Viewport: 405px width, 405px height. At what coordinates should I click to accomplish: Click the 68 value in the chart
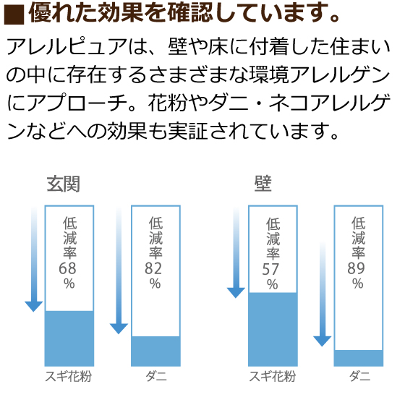[67, 268]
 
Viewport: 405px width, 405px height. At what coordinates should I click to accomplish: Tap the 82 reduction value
[153, 268]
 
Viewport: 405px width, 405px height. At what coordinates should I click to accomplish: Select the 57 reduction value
[270, 269]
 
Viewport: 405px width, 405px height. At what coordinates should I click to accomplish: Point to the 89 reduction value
[356, 268]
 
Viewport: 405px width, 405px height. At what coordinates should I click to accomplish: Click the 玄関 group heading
[64, 184]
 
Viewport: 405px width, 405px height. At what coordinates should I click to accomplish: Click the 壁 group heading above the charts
[263, 184]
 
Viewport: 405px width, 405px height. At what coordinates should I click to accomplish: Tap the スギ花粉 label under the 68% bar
[69, 376]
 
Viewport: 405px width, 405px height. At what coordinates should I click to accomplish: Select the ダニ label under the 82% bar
[156, 376]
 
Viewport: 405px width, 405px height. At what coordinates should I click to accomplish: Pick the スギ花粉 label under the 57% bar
[272, 376]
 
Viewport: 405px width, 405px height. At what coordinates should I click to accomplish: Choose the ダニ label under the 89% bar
[360, 376]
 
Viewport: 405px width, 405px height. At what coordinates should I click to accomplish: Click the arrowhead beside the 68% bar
[33, 307]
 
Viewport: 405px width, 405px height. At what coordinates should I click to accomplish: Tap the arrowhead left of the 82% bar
[119, 328]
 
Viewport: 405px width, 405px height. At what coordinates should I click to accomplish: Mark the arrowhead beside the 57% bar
[236, 293]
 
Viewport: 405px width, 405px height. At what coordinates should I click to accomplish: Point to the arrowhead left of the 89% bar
[323, 341]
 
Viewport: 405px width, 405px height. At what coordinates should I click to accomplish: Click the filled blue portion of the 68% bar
[69, 338]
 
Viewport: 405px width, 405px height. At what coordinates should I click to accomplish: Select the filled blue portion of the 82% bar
[155, 351]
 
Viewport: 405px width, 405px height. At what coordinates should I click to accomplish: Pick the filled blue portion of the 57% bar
[273, 329]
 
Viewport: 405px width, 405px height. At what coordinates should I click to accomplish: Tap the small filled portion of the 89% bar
[359, 358]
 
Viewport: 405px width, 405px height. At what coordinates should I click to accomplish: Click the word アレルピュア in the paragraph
[67, 47]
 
